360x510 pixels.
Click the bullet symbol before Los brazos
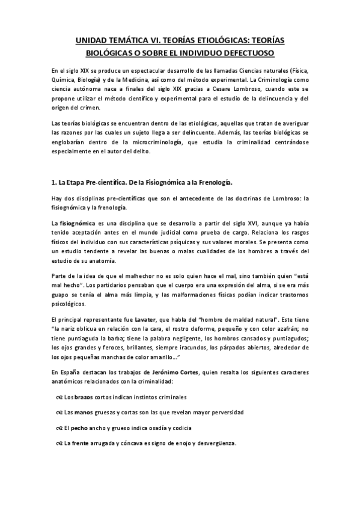(x=59, y=397)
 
